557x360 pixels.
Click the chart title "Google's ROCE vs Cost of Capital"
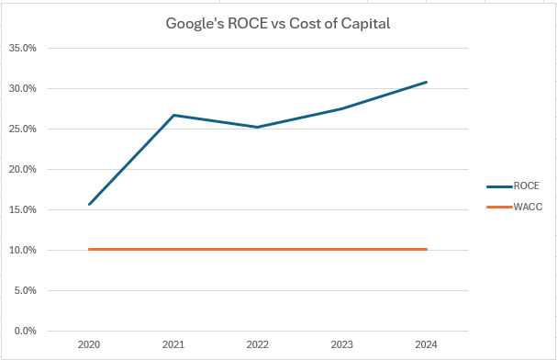[277, 24]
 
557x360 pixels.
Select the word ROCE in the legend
[527, 186]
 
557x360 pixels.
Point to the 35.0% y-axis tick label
[23, 49]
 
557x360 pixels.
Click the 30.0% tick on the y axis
[23, 89]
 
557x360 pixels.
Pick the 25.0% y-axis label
[23, 129]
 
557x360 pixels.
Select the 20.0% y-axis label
[23, 170]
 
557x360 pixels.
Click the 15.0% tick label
[23, 210]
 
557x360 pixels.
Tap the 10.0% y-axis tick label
[23, 251]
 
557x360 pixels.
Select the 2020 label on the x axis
[89, 345]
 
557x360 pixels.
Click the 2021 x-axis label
[173, 345]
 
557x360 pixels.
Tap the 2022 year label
[258, 345]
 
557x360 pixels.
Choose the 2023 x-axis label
[342, 345]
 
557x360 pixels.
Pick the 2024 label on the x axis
[427, 345]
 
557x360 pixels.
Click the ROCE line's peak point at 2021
[173, 115]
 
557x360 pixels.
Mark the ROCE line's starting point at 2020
[89, 204]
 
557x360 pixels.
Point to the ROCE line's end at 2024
[427, 82]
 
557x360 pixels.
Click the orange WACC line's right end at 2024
[427, 249]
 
